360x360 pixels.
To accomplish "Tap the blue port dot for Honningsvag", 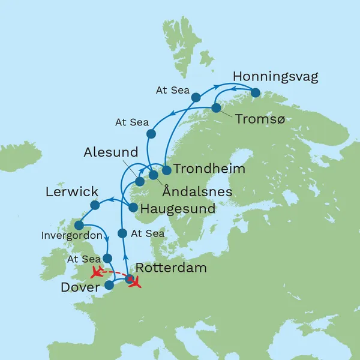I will coord(256,93).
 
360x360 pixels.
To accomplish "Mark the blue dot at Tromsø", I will coord(215,109).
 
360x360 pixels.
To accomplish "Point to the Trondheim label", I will coord(208,169).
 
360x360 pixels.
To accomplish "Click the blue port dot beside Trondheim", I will coord(167,170).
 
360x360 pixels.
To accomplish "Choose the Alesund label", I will coord(112,151).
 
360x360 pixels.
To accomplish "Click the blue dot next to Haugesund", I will coord(134,208).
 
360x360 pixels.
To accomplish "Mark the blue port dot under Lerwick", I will coord(94,205).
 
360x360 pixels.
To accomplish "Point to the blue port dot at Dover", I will coord(109,284).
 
